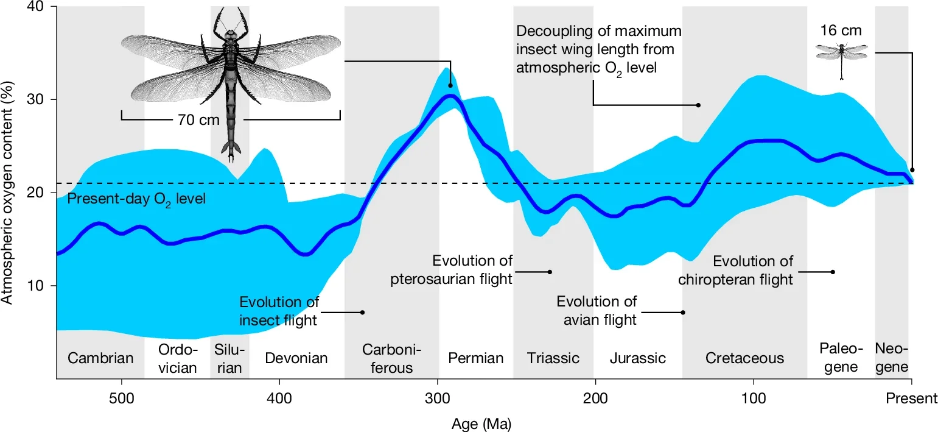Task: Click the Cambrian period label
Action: (x=100, y=358)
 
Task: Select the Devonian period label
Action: (x=296, y=358)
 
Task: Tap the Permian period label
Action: (x=476, y=358)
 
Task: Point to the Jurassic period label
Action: (x=638, y=358)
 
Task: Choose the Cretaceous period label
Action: (x=744, y=358)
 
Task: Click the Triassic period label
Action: (x=553, y=358)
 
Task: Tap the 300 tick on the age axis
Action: (x=438, y=399)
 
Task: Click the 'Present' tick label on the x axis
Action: (x=911, y=399)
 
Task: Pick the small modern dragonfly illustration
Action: (x=842, y=58)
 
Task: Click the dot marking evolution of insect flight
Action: (x=363, y=312)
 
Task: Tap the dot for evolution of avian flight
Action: (x=683, y=312)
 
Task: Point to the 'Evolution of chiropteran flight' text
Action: (x=753, y=271)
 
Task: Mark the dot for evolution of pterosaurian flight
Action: (x=550, y=272)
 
